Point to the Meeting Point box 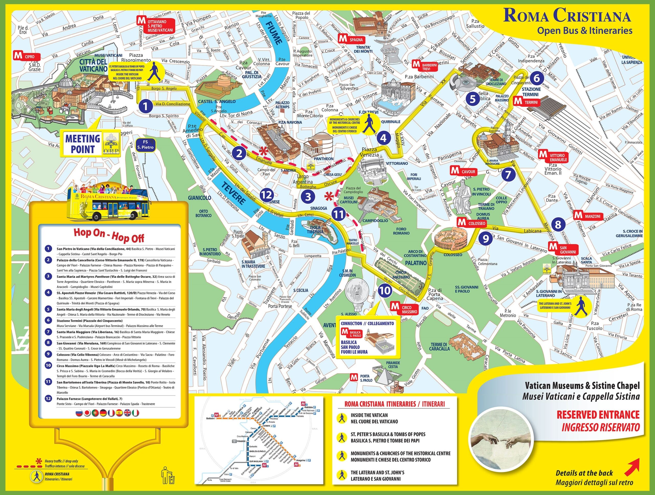tap(90, 143)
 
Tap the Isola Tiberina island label tap(315, 229)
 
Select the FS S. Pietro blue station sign tap(145, 145)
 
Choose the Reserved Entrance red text tap(597, 415)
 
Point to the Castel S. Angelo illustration tap(219, 86)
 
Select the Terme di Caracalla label tap(439, 347)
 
